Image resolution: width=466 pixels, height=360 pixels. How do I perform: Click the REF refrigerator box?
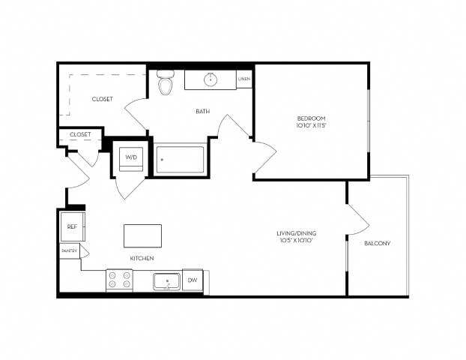coord(73,226)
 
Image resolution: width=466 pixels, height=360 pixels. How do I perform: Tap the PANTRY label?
coord(69,251)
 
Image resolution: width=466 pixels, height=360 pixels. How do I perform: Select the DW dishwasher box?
coord(192,280)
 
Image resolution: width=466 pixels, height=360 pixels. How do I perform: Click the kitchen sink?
coord(166,281)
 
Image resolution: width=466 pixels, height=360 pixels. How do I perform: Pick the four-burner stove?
coord(119,280)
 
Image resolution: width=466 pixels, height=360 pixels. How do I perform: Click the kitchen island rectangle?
coord(142,235)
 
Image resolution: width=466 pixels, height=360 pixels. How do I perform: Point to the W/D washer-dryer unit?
coord(131,158)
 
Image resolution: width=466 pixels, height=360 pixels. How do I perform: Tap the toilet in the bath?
coord(166,82)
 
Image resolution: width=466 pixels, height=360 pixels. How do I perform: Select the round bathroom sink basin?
coord(211,79)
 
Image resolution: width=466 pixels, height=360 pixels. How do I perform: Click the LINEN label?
coord(243,79)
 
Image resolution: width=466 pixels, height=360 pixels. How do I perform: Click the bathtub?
coord(180,159)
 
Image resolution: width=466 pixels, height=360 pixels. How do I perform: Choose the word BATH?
coord(202,112)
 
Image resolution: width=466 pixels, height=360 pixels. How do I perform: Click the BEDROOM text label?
coord(310,119)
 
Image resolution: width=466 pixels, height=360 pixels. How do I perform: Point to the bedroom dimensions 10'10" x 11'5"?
coord(310,127)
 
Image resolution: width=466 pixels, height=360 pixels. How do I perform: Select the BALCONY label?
coord(376,244)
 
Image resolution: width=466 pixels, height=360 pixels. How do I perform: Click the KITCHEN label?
coord(142,258)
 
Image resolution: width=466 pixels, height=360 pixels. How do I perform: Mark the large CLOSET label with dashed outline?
coord(103,99)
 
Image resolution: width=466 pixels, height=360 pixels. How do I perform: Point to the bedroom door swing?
coord(264,154)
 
